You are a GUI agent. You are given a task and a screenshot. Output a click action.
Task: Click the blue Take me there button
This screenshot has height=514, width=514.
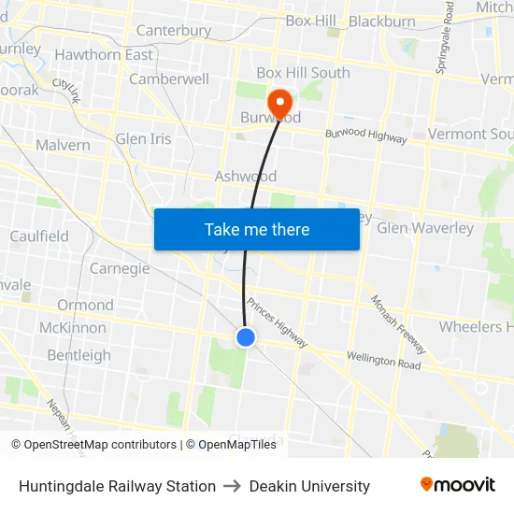(x=257, y=229)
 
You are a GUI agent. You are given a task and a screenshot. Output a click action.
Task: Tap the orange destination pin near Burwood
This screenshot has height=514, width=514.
(x=279, y=102)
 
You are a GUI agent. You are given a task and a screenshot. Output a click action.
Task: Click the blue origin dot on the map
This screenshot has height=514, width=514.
(x=246, y=337)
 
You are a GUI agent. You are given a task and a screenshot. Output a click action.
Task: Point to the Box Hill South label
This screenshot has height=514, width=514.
(x=303, y=73)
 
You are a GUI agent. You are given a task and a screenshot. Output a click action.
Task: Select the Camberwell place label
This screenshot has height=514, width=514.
(x=169, y=79)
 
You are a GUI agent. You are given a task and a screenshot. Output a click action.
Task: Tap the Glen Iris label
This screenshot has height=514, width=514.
(x=144, y=139)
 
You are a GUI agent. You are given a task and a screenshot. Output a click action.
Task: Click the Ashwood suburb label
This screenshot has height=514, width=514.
(x=246, y=176)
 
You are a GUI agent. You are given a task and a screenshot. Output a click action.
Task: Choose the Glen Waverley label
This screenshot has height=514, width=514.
(x=425, y=228)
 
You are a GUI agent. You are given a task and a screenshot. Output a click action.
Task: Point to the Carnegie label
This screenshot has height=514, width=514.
(x=120, y=269)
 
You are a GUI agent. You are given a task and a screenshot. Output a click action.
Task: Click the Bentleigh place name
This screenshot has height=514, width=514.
(x=79, y=355)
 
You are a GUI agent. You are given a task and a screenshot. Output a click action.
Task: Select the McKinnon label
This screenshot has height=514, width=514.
(x=72, y=328)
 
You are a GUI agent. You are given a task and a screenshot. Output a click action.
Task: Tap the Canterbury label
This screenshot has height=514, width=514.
(x=174, y=31)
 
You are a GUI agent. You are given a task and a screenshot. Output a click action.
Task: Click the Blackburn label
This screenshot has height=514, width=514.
(x=382, y=21)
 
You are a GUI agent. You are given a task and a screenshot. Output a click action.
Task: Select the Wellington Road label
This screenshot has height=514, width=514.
(x=383, y=359)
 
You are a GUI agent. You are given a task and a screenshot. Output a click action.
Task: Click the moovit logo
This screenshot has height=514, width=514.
(x=457, y=485)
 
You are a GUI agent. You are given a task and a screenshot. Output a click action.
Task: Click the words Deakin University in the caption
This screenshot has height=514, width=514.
(x=309, y=486)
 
